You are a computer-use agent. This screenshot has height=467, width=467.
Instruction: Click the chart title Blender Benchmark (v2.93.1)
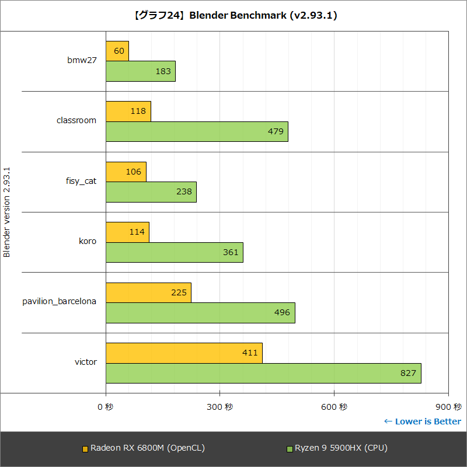click(x=233, y=16)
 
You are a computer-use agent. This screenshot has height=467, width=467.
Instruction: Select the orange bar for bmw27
click(x=117, y=51)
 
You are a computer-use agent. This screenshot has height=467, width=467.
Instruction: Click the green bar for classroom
click(x=197, y=131)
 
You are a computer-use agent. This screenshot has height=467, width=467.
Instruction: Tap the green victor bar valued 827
click(x=263, y=373)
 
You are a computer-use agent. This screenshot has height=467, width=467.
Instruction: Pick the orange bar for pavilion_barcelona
click(x=148, y=292)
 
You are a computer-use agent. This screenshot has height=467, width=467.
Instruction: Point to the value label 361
click(x=231, y=252)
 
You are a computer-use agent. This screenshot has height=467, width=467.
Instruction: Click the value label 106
click(x=134, y=172)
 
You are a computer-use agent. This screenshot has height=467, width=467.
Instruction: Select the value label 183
click(x=163, y=71)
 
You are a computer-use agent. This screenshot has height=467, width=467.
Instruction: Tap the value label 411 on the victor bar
click(x=250, y=353)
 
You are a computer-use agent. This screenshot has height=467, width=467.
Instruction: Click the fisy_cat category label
click(x=81, y=181)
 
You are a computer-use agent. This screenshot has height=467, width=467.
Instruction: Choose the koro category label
click(x=88, y=241)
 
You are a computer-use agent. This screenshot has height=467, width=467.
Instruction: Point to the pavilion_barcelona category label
click(x=59, y=301)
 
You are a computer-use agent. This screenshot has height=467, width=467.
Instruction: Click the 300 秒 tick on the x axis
click(x=219, y=406)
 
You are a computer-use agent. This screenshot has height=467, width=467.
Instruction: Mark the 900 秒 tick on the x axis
click(x=448, y=406)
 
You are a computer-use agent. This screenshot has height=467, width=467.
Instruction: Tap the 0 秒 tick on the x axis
click(x=106, y=406)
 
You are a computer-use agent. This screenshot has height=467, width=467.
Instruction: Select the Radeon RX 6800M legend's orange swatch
click(x=85, y=449)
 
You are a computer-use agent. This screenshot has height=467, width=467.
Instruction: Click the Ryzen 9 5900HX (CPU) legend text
click(x=341, y=448)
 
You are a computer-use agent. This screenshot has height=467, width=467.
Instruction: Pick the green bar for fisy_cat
click(x=151, y=192)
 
